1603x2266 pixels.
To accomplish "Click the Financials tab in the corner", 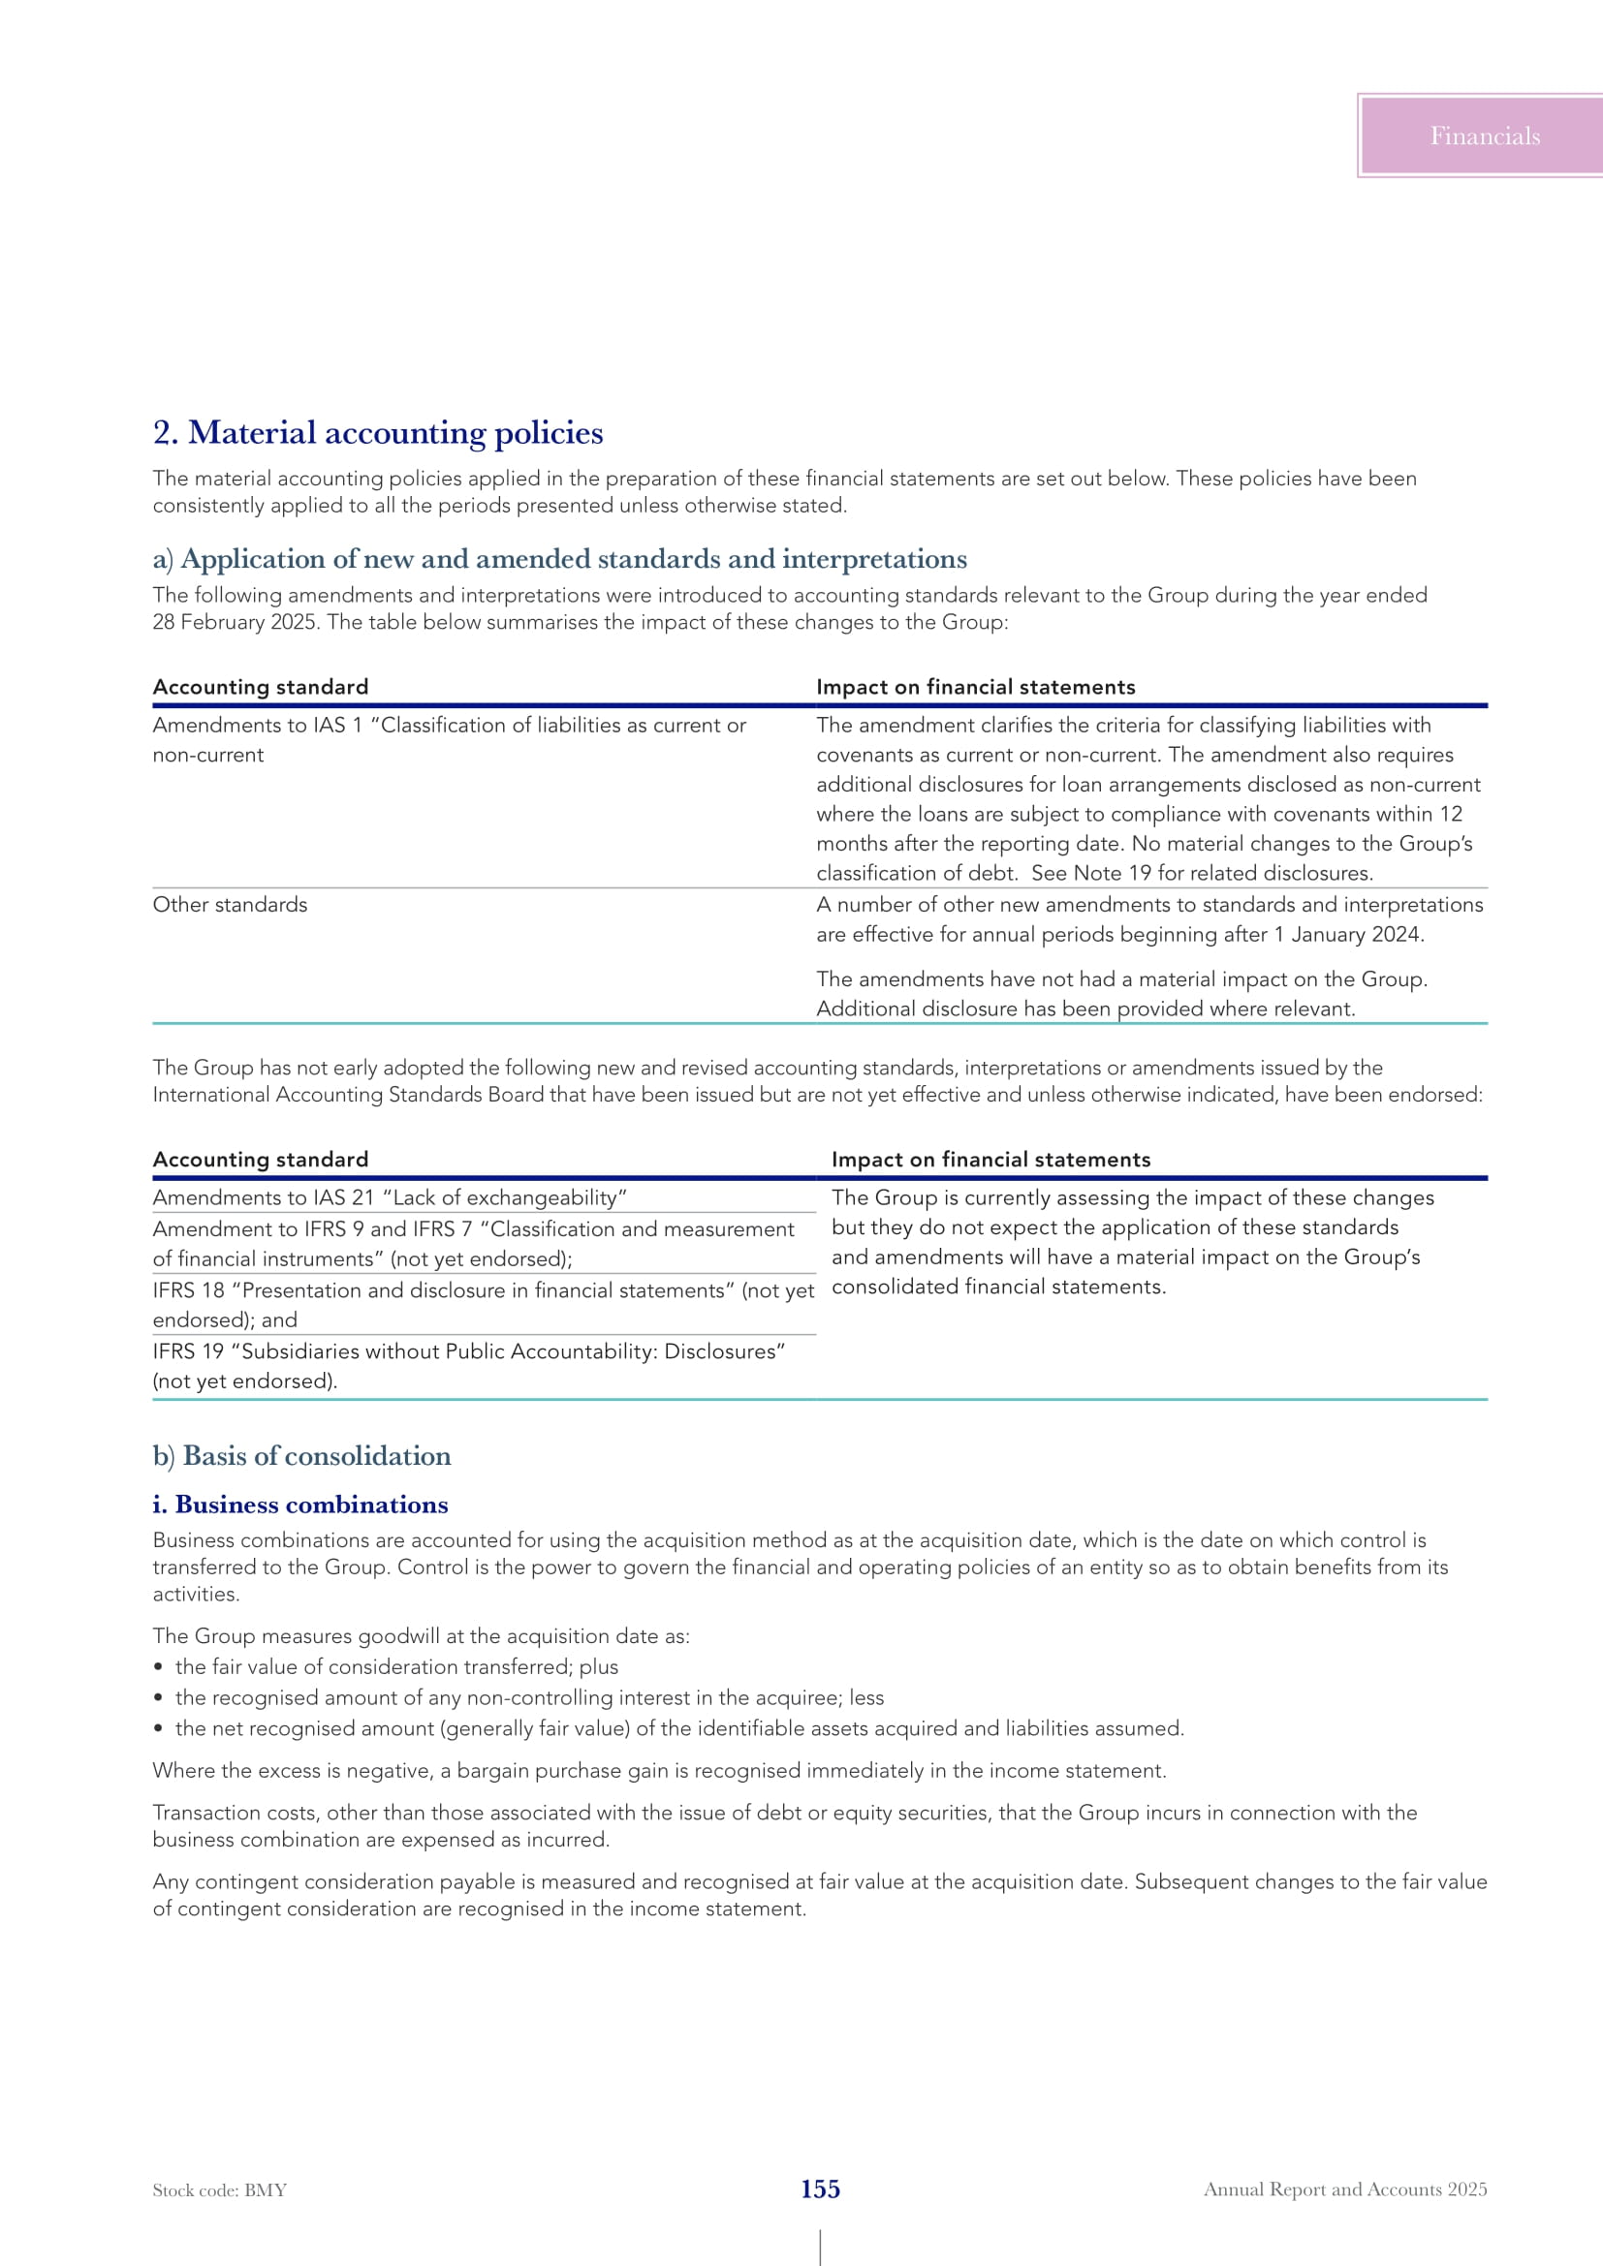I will click(x=1484, y=137).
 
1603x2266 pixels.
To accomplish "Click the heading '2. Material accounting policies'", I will click(x=378, y=433).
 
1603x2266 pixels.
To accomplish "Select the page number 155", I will click(x=820, y=2189).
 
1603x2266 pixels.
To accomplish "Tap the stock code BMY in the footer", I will click(x=219, y=2190).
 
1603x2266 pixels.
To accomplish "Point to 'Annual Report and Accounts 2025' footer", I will click(x=1344, y=2189).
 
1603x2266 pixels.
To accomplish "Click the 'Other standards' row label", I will click(x=230, y=905).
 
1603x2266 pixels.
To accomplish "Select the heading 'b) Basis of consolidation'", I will click(x=302, y=1456).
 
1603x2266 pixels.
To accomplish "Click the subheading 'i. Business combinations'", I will click(x=300, y=1505).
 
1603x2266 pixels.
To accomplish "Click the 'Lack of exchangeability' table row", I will click(x=390, y=1198).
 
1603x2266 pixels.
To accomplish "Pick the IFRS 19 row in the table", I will click(x=469, y=1366).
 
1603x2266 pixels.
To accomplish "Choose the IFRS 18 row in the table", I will click(x=483, y=1305).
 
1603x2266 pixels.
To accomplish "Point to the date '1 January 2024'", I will click(x=1347, y=935).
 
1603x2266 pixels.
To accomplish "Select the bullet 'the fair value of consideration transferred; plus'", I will click(x=396, y=1667).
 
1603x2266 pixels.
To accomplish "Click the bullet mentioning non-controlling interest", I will click(x=529, y=1697).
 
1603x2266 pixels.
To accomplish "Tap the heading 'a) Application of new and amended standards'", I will click(x=559, y=560).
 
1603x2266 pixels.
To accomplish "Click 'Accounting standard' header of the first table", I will click(x=261, y=687).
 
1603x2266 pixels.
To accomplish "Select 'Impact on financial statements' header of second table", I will click(x=991, y=1160).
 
